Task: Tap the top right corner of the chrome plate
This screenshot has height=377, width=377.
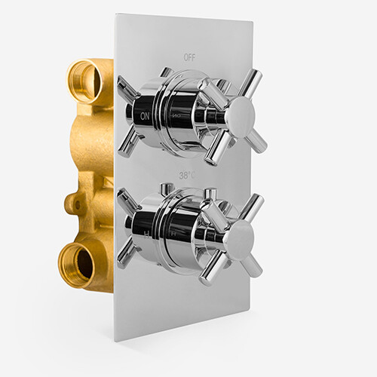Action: click(x=250, y=22)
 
